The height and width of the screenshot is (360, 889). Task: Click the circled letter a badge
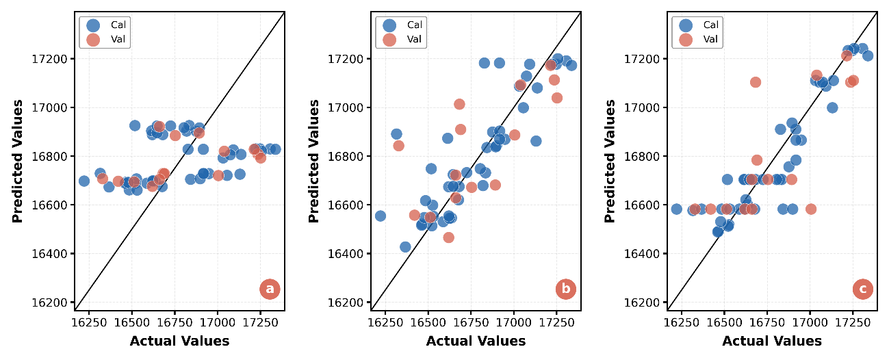[x=270, y=289]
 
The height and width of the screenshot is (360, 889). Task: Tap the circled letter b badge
[x=566, y=289]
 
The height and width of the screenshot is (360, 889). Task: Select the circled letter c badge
[x=863, y=289]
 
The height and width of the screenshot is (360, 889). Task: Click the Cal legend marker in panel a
[x=93, y=25]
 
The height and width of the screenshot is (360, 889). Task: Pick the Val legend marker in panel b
[x=389, y=40]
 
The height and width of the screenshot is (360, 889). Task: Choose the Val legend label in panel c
[x=710, y=39]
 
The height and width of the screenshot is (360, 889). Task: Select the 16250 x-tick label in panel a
[x=89, y=322]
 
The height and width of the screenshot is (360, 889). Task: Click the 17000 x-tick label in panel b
[x=513, y=322]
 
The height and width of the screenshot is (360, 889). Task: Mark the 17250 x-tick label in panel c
[x=853, y=322]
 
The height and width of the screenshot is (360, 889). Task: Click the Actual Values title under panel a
[x=179, y=341]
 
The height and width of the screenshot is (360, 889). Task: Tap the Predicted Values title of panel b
[x=313, y=161]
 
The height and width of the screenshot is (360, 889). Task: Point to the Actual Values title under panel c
[x=772, y=341]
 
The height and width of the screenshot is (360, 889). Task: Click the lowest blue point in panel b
[x=405, y=247]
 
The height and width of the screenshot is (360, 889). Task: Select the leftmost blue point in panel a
[x=84, y=181]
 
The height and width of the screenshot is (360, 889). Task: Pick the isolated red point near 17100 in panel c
[x=756, y=82]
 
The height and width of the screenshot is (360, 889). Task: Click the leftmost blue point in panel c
[x=677, y=209]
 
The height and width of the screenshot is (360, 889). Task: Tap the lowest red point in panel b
[x=449, y=237]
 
